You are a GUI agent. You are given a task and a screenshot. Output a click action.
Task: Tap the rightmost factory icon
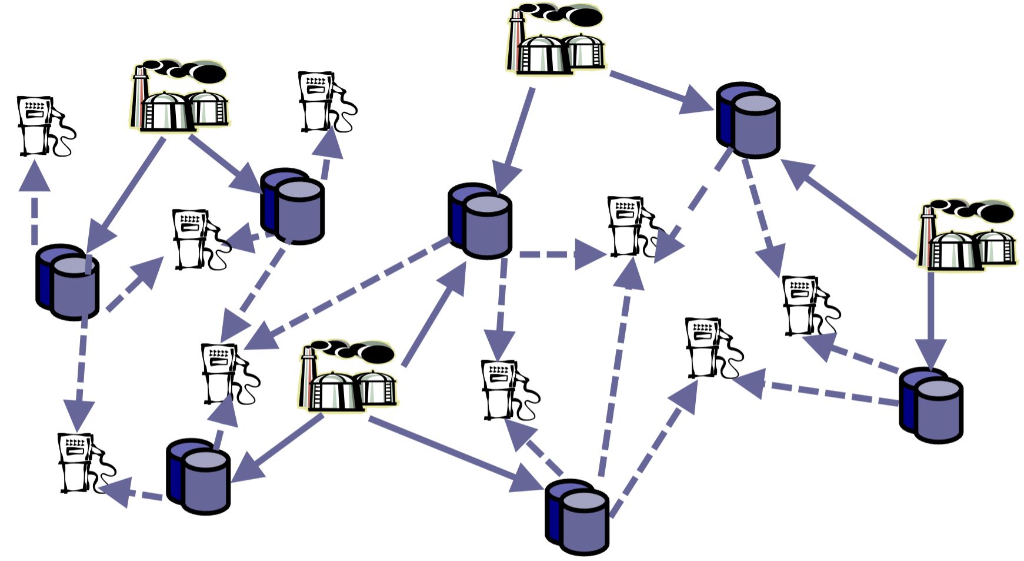coord(968,235)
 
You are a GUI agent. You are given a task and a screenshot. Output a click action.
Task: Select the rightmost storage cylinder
coord(932,406)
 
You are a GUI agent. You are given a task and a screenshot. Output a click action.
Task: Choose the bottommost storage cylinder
coord(578,518)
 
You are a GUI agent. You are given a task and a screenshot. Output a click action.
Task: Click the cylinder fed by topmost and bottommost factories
coord(481,222)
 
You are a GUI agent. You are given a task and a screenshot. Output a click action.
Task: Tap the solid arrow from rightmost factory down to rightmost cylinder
coord(931,318)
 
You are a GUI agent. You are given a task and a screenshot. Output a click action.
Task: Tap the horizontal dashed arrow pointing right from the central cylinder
coord(559,255)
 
